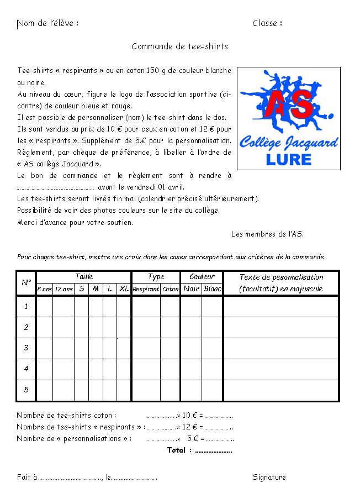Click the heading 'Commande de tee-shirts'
coord(179,46)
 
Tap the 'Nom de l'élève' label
coord(47,23)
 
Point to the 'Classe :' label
coord(267,23)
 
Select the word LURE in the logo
coord(288,160)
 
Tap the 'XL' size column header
coord(124,289)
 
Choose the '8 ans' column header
coord(45,289)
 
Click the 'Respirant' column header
coord(146,289)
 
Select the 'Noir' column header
coord(192,289)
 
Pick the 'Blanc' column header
coord(213,289)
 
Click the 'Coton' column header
coord(171,289)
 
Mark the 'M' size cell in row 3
coord(96,348)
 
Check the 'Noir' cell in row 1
coord(192,306)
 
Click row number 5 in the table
coord(26,390)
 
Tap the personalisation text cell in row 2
coord(281,327)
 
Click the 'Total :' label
coord(179,450)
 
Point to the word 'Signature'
coord(269,477)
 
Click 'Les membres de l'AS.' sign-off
coord(267,234)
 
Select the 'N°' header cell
coord(26,282)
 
